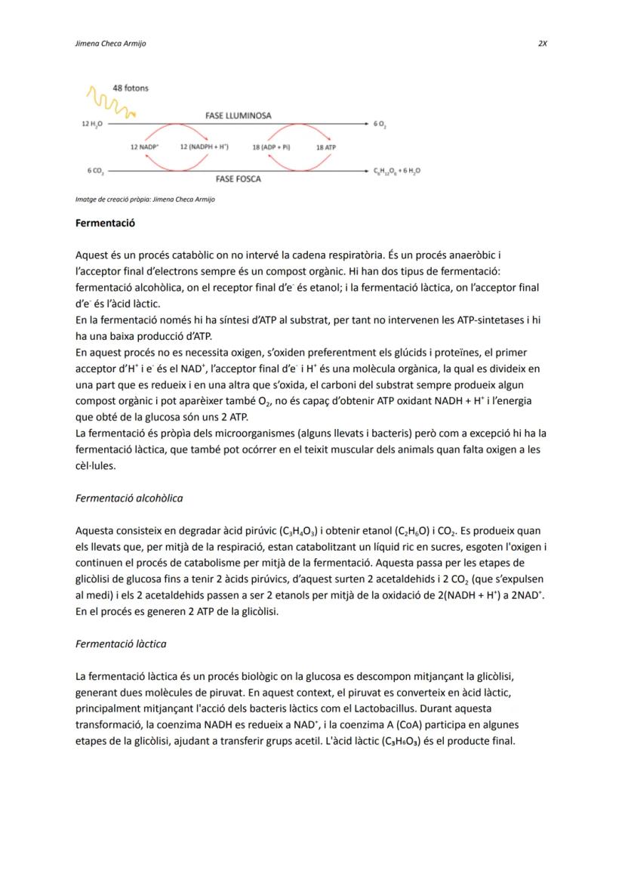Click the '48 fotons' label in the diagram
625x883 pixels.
(x=131, y=88)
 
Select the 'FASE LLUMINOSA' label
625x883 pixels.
(x=238, y=116)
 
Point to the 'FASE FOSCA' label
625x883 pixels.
(x=238, y=180)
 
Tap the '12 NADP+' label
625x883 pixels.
(x=143, y=147)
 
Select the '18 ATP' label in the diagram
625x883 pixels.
(x=325, y=147)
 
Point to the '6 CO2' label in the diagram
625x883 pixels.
(x=94, y=171)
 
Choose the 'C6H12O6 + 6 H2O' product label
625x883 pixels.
(x=397, y=171)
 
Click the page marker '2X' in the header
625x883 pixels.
(x=542, y=44)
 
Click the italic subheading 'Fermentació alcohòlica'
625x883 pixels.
(x=129, y=499)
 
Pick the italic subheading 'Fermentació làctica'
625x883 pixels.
(x=121, y=644)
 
